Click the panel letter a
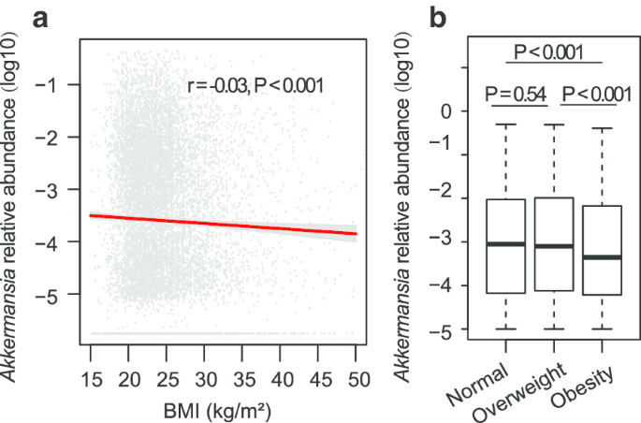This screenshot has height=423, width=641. click(x=40, y=20)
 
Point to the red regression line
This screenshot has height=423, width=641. click(x=224, y=225)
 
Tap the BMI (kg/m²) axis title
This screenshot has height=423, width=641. click(x=217, y=411)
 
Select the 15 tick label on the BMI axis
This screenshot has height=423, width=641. click(x=91, y=380)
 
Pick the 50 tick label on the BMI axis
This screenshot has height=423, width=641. click(x=359, y=380)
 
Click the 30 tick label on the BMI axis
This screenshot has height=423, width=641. click(x=206, y=380)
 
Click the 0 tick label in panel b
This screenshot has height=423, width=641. click(x=446, y=111)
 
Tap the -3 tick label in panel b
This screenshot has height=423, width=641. click(x=441, y=242)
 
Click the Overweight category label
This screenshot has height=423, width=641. click(x=520, y=392)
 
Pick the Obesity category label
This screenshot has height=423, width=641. click(x=582, y=387)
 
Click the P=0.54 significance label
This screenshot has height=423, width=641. click(x=516, y=95)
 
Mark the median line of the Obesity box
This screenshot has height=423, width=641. click(x=602, y=257)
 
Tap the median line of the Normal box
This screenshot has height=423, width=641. click(x=506, y=244)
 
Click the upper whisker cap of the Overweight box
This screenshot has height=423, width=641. click(x=554, y=124)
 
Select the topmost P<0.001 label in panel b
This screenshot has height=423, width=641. click(x=548, y=52)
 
